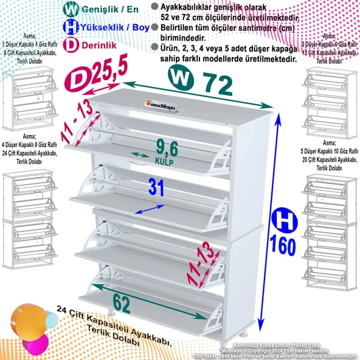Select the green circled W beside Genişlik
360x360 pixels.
click(x=70, y=10)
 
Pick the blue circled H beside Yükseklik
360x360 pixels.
click(x=70, y=27)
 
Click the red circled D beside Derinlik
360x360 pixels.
click(x=70, y=44)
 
